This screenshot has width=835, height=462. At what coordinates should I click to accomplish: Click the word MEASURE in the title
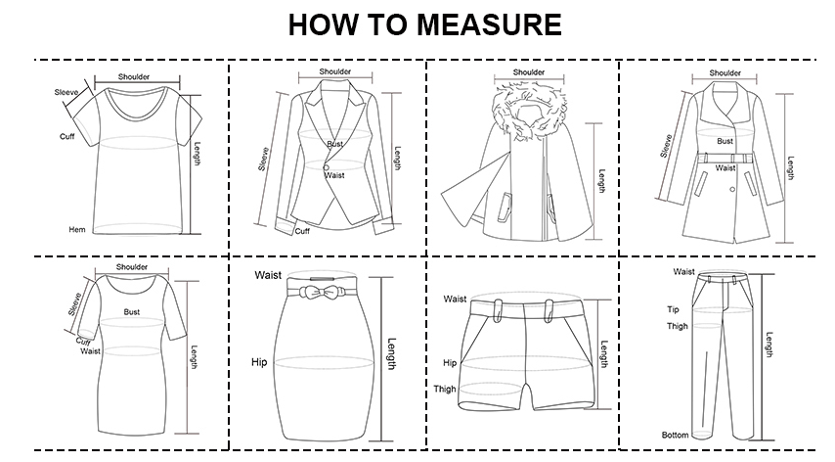(x=489, y=24)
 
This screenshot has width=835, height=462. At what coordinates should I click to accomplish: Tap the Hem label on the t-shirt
(x=76, y=230)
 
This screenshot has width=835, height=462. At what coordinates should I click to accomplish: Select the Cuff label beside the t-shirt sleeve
(x=67, y=136)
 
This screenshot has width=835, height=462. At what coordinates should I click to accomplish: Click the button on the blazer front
(x=326, y=167)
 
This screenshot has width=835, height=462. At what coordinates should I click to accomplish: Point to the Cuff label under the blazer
(x=302, y=231)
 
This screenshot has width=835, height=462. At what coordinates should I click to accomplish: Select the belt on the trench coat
(x=725, y=159)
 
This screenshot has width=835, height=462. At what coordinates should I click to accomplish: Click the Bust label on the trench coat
(x=725, y=141)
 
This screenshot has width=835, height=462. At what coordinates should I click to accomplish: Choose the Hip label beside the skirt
(x=259, y=362)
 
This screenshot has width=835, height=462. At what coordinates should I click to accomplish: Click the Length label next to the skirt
(x=391, y=353)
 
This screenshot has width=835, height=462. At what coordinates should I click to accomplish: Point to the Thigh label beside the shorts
(x=445, y=389)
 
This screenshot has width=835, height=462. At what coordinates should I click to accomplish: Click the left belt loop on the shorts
(x=498, y=310)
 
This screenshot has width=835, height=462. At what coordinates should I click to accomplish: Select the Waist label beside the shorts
(x=455, y=299)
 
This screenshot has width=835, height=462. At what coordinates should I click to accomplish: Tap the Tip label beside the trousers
(x=673, y=309)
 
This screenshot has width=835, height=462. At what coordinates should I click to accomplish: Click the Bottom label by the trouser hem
(x=676, y=435)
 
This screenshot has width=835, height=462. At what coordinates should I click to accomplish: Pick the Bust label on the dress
(x=132, y=311)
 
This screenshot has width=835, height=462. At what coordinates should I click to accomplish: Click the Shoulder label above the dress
(x=132, y=267)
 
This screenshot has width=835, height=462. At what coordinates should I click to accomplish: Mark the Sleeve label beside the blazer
(x=264, y=159)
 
